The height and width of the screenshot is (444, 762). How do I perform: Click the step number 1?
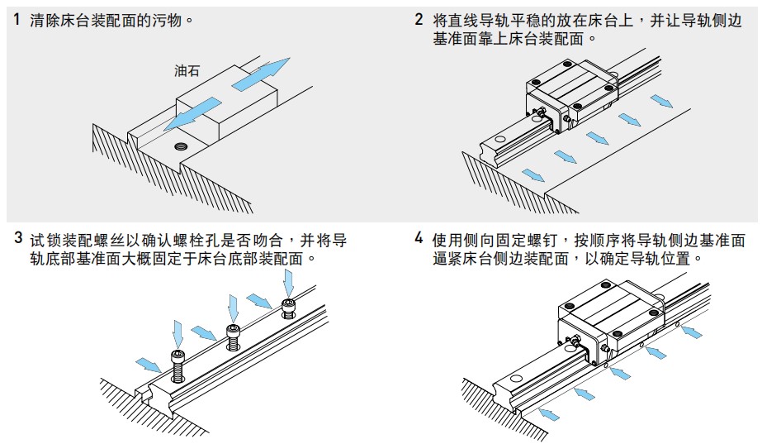coord(17,18)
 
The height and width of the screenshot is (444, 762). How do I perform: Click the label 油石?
coord(187,72)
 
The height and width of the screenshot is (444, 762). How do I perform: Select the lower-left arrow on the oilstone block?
coord(192,114)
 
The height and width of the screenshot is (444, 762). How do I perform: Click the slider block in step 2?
coord(570,91)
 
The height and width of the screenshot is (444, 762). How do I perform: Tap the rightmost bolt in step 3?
coord(289,308)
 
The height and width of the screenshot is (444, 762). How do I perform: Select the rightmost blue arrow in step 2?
coord(661,101)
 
